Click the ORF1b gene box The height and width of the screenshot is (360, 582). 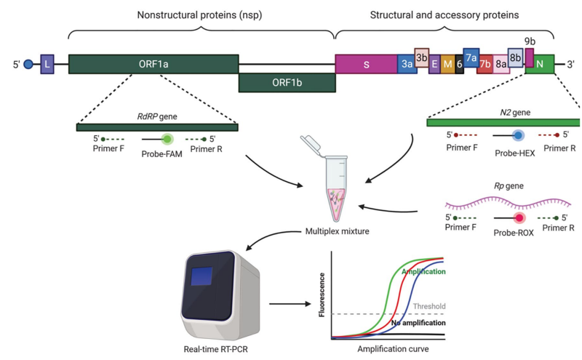(287, 83)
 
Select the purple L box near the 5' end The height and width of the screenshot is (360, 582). (47, 65)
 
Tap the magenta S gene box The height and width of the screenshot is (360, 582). (366, 64)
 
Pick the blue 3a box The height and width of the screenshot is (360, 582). (406, 65)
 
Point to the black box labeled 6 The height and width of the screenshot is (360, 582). (459, 65)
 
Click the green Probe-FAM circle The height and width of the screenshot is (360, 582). (167, 138)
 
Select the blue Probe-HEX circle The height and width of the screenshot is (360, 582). (518, 135)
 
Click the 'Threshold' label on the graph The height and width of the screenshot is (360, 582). (428, 306)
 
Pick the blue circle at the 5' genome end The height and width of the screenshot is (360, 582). (29, 65)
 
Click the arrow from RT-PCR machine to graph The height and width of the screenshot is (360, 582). (287, 303)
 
